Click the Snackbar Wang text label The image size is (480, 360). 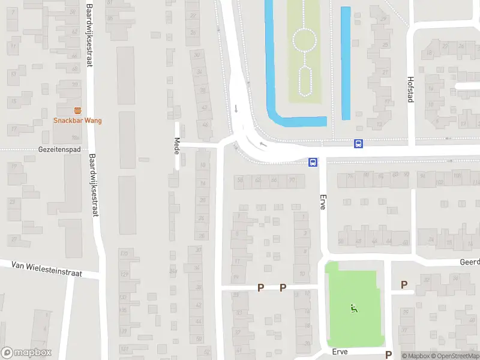point(77,121)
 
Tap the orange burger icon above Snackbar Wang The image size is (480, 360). point(77,110)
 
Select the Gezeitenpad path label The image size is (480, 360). point(59,149)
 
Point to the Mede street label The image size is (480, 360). point(177,146)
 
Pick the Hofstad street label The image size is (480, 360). point(410,89)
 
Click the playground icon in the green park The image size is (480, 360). point(353,309)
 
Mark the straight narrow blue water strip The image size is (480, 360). point(345,63)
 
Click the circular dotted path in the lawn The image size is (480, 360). point(304,41)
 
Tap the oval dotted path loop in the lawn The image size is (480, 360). point(304,80)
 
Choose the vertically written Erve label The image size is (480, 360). point(323,200)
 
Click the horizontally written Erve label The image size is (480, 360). point(340,352)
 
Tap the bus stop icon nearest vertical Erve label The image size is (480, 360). point(313,162)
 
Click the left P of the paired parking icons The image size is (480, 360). point(260,287)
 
